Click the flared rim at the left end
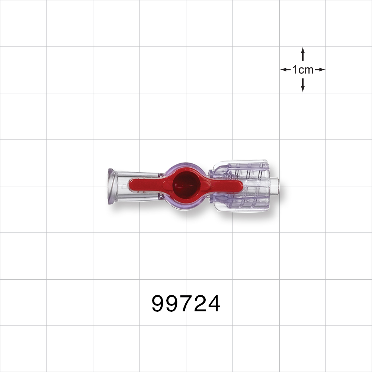click(x=110, y=186)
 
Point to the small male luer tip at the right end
click(x=274, y=185)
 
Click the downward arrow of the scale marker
click(x=303, y=86)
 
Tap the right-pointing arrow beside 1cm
click(x=320, y=70)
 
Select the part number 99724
click(x=186, y=304)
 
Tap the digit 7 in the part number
click(x=186, y=304)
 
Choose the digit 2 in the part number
click(x=200, y=304)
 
